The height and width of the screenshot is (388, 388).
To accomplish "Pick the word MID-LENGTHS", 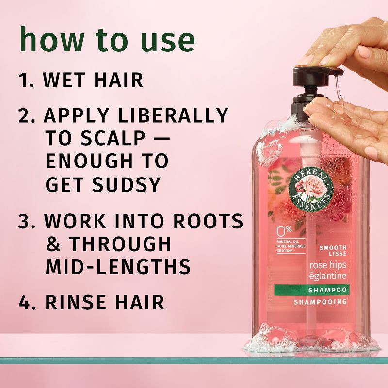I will (117, 266).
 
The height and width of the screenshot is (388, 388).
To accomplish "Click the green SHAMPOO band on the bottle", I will (318, 290).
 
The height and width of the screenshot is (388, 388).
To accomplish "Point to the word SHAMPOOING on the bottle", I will (321, 302).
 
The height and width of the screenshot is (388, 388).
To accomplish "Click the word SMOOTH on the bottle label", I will (332, 248).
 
